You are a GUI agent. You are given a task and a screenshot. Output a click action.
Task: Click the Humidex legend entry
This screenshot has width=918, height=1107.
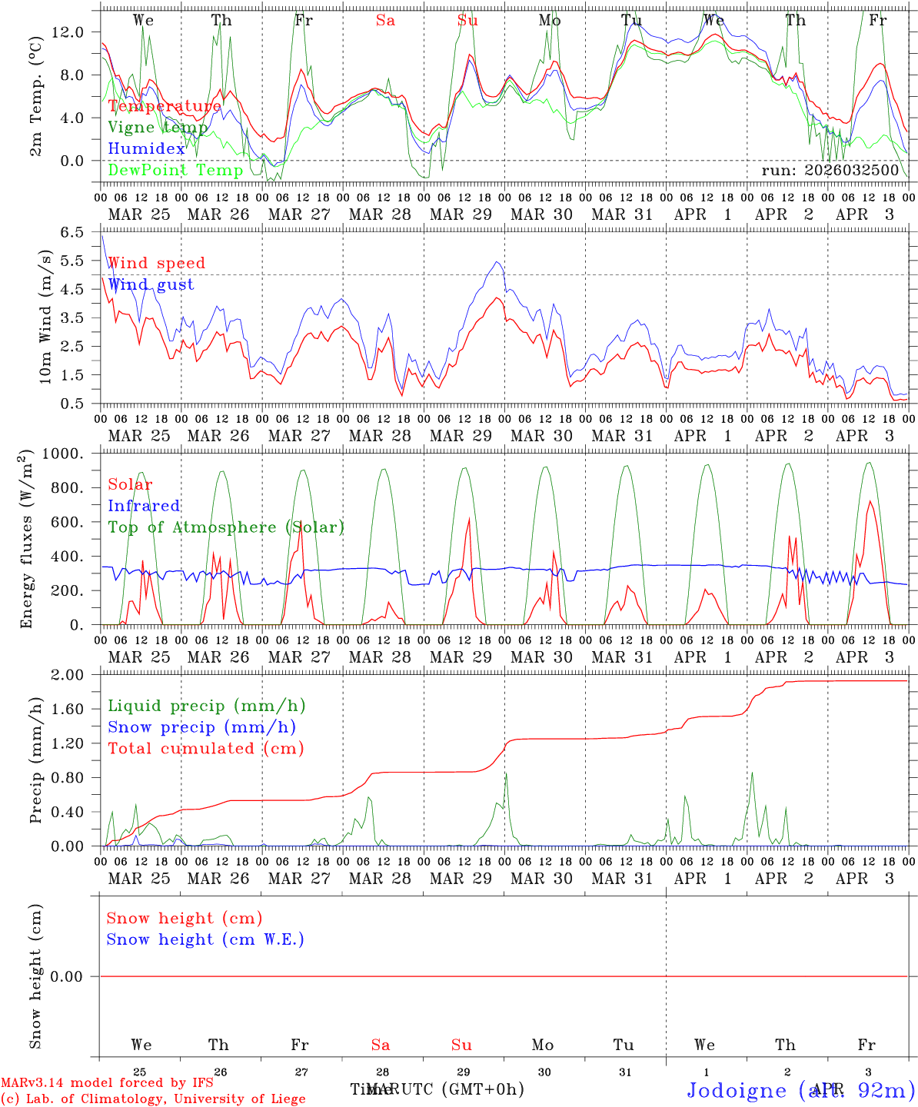(146, 148)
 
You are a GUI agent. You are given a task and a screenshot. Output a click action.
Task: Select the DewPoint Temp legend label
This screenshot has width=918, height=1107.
(175, 170)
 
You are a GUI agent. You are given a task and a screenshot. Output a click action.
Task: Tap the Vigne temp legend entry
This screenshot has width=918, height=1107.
(158, 128)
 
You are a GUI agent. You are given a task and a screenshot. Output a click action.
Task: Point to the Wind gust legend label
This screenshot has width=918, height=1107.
(151, 284)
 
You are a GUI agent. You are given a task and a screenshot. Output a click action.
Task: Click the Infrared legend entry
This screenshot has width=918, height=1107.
(144, 506)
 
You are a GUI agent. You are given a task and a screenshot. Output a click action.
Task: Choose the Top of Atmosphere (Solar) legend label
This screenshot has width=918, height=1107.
(225, 527)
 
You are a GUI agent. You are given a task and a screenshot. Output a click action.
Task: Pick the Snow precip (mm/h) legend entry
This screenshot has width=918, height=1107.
(201, 727)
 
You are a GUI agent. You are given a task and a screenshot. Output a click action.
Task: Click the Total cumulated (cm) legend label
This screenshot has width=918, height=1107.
(205, 748)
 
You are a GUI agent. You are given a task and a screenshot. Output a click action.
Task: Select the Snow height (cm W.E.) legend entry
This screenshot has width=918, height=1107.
(205, 939)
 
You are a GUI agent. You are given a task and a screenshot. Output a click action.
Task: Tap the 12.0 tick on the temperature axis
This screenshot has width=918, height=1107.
(68, 32)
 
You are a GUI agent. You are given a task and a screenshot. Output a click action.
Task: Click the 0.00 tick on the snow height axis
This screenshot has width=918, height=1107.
(68, 976)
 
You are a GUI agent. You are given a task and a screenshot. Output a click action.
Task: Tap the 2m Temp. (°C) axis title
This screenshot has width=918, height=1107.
(36, 97)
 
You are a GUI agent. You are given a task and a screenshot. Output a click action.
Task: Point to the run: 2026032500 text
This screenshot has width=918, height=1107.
(830, 170)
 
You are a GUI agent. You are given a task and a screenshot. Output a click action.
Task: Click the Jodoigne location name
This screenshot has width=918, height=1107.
(737, 1090)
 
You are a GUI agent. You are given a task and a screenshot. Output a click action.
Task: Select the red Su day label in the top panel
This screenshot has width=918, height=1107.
(467, 21)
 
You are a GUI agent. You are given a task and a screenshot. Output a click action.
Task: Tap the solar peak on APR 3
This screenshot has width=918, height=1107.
(870, 502)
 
